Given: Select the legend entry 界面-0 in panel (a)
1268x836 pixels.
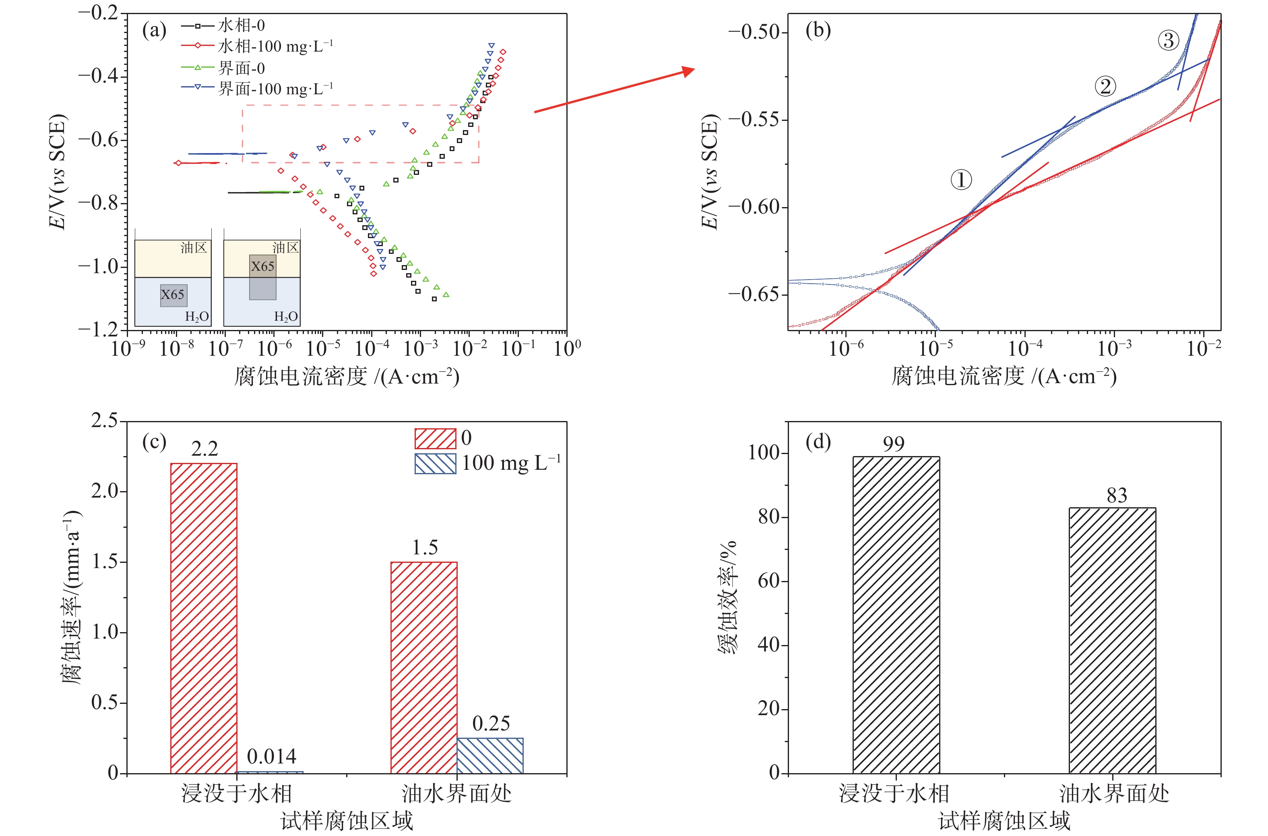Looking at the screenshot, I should (241, 68).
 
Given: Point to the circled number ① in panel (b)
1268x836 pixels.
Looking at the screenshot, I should (961, 180).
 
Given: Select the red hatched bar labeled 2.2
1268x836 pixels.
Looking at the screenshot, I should (204, 618).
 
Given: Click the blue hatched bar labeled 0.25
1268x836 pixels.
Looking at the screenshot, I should (490, 755).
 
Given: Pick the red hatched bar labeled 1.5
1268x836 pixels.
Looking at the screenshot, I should (424, 667).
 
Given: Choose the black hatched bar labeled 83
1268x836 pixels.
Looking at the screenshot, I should (1113, 640).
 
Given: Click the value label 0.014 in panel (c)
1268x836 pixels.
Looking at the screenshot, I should (272, 756).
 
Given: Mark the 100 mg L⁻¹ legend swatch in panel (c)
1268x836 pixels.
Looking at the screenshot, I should (435, 463).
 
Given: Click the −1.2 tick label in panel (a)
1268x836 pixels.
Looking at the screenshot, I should (99, 330).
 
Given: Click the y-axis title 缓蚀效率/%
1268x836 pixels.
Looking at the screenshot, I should (728, 597).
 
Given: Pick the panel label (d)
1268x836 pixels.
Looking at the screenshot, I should (818, 442).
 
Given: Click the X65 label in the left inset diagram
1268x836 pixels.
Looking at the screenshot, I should (173, 294).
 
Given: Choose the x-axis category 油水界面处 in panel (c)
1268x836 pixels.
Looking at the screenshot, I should (456, 793).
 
